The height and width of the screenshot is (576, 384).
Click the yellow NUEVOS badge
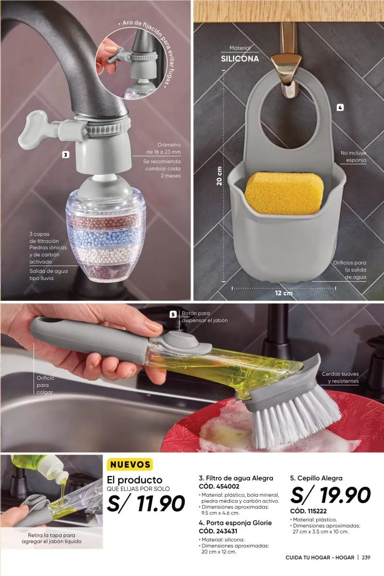click(130, 465)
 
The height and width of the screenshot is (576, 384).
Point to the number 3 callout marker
click(66, 155)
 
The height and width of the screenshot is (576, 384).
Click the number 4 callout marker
click(340, 108)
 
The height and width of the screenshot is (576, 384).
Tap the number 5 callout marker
click(173, 314)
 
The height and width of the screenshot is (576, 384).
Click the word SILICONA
click(240, 59)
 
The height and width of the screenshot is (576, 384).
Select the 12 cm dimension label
click(284, 293)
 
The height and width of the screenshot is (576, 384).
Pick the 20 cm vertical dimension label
click(219, 176)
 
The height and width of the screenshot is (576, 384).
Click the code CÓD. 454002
click(219, 486)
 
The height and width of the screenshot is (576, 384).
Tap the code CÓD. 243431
click(218, 531)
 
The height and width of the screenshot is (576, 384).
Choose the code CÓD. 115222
click(308, 511)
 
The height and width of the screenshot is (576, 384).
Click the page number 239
click(366, 557)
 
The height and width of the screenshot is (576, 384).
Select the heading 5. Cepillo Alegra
click(316, 478)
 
